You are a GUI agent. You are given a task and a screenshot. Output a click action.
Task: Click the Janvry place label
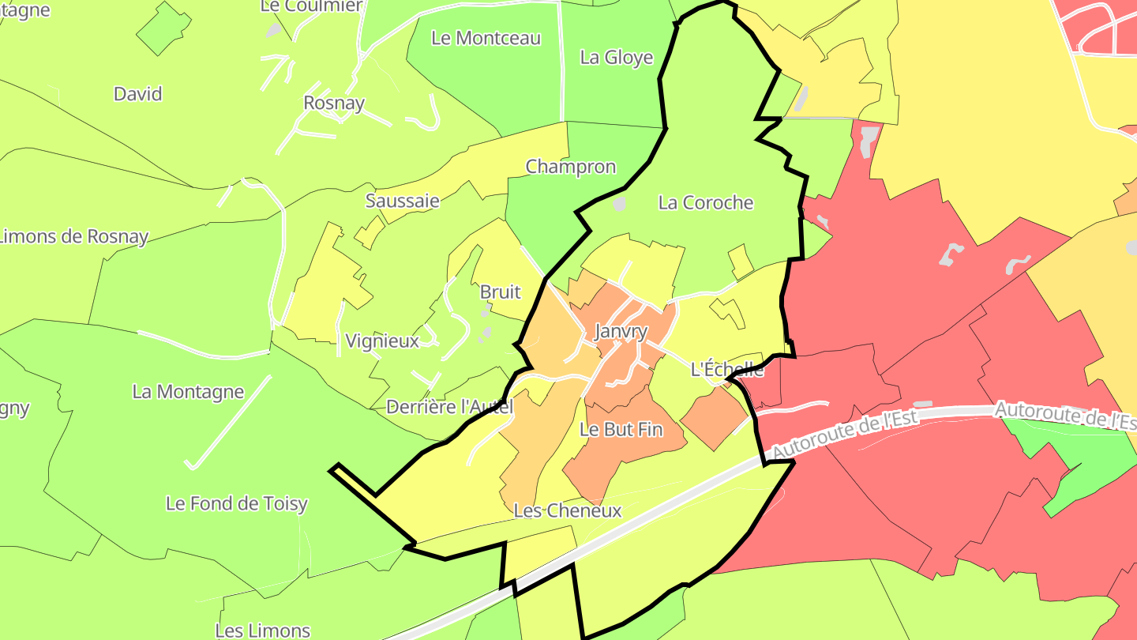(x=621, y=332)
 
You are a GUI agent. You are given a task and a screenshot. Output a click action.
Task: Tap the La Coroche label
(x=706, y=203)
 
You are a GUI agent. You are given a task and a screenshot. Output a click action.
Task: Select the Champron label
(x=570, y=167)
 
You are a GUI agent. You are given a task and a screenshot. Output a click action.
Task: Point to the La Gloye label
(x=617, y=58)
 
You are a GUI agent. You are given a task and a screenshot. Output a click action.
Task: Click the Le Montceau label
(x=486, y=38)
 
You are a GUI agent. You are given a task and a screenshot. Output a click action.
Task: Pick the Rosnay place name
(x=334, y=103)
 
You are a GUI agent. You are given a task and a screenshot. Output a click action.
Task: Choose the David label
(x=138, y=94)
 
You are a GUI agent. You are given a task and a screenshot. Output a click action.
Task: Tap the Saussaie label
(x=403, y=201)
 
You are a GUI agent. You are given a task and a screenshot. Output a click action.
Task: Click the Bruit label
(x=501, y=292)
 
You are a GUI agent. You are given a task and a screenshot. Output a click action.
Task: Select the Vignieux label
(x=382, y=341)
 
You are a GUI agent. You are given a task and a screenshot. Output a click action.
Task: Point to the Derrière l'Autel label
(x=450, y=407)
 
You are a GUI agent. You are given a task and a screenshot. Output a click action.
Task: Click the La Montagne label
(x=188, y=392)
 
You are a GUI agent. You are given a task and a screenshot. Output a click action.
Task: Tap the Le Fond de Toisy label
(x=236, y=503)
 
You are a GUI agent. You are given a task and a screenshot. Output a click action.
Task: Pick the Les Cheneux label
(x=567, y=510)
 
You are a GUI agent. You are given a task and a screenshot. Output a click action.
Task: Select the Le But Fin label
(x=621, y=430)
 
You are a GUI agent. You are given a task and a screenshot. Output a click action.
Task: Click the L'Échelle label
(x=727, y=369)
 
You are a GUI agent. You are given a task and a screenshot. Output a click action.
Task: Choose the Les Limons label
(x=262, y=630)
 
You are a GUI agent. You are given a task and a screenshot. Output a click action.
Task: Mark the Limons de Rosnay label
(x=74, y=237)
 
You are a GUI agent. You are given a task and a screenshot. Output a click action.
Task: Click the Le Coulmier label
(x=311, y=6)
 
